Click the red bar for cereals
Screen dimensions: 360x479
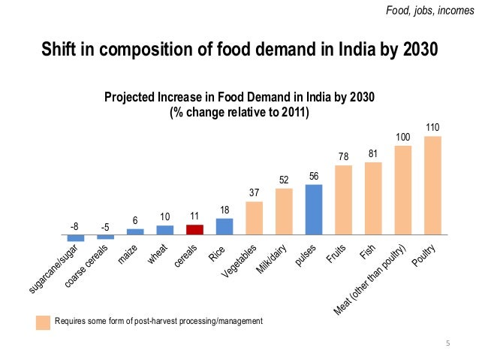(194, 229)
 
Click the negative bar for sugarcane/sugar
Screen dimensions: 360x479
(76, 237)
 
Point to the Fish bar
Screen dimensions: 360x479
(373, 198)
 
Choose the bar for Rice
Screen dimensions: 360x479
(224, 226)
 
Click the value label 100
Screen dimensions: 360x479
(403, 138)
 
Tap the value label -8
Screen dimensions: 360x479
(74, 225)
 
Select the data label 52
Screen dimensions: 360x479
(284, 180)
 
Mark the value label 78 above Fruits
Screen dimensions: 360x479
(343, 157)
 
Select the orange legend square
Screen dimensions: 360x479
(44, 322)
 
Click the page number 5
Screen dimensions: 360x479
(448, 344)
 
